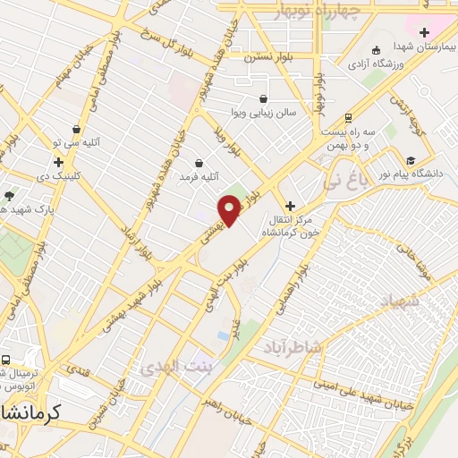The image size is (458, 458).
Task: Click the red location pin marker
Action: pyautogui.click(x=230, y=208)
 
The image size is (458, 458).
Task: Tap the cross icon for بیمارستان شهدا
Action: pyautogui.click(x=424, y=34)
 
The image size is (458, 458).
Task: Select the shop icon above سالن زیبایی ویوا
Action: pyautogui.click(x=263, y=99)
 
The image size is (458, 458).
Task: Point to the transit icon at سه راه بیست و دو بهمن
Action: pyautogui.click(x=347, y=117)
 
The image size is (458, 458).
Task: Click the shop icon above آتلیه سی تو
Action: pyautogui.click(x=77, y=130)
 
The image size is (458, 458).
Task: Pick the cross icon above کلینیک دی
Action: pyautogui.click(x=58, y=163)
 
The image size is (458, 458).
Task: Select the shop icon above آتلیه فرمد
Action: pyautogui.click(x=198, y=164)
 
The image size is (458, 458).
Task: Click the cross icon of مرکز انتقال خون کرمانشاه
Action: pyautogui.click(x=289, y=206)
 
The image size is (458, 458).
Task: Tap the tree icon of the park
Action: pyautogui.click(x=9, y=195)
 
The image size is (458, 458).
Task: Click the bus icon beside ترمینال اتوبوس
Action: pyautogui.click(x=5, y=360)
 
